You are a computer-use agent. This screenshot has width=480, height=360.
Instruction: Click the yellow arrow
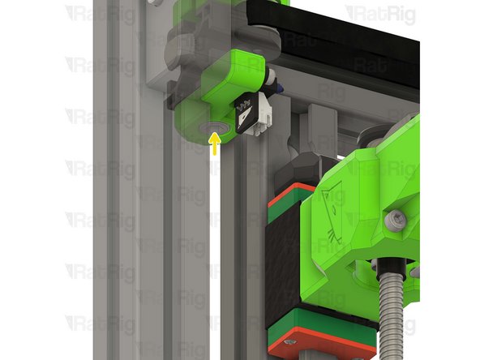[x=215, y=144]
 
